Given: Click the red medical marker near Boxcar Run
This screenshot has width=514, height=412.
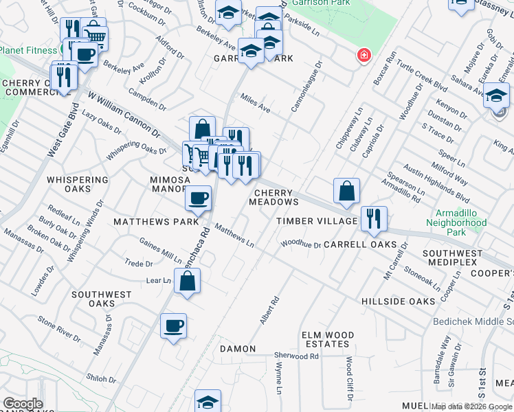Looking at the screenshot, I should tap(361, 56).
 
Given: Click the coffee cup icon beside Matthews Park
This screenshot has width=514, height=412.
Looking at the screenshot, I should tap(199, 198).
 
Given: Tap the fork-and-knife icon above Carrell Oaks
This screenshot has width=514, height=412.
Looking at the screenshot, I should tap(374, 218).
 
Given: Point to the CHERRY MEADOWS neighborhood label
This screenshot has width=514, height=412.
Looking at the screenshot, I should tap(274, 198).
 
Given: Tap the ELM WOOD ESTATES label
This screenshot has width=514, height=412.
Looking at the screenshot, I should tap(328, 339).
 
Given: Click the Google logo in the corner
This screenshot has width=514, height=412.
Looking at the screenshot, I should tap(23, 404).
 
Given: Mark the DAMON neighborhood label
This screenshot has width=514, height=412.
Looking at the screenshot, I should tap(238, 349).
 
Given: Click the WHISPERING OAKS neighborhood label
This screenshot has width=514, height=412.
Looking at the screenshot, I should tap(78, 185).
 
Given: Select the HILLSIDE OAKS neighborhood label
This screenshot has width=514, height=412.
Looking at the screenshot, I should tap(398, 301).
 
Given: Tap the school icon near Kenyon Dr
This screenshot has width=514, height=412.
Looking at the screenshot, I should tap(496, 96).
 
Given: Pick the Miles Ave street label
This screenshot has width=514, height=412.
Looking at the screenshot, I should tap(255, 104).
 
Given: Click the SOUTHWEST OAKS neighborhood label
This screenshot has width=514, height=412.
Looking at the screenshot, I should tap(102, 299).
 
